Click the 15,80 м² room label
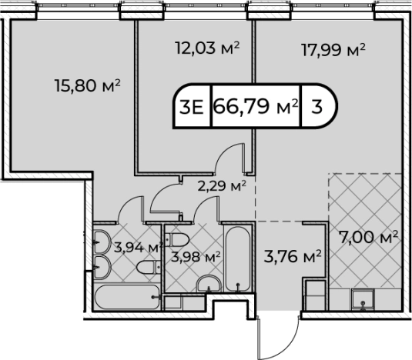pos(89,85)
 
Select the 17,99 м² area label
pos(332,51)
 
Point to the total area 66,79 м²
pos(254,106)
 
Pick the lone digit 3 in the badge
pos(317,106)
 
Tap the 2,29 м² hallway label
pos(220,186)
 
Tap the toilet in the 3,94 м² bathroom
pos(146,268)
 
